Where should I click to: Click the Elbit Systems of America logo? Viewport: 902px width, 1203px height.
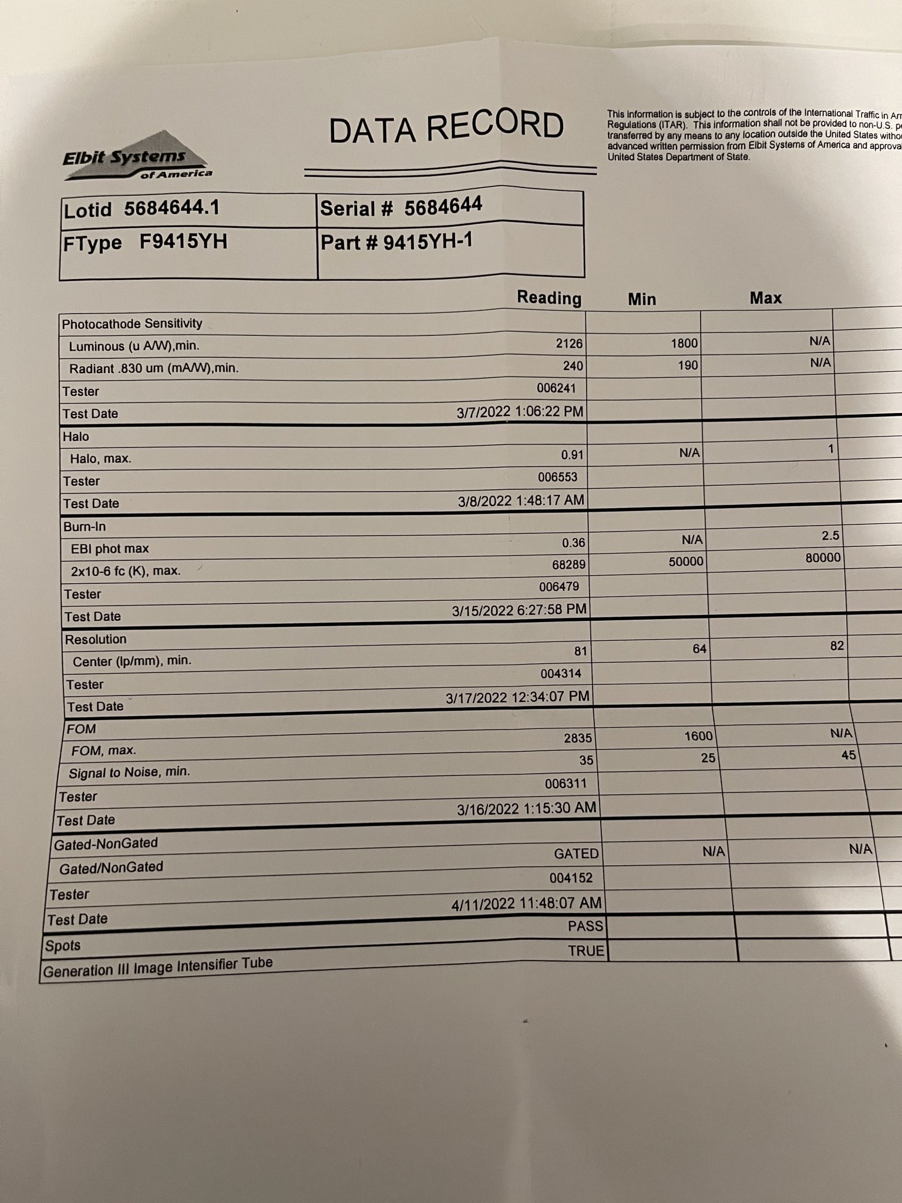(x=136, y=157)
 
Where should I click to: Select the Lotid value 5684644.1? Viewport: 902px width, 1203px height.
(x=171, y=208)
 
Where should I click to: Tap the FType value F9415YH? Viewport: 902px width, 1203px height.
(x=183, y=241)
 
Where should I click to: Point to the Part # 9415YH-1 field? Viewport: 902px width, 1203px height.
(x=396, y=241)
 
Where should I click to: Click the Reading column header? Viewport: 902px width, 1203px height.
(x=548, y=298)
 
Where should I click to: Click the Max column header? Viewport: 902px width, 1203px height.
(x=765, y=298)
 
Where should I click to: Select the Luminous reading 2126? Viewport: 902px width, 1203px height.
(x=568, y=344)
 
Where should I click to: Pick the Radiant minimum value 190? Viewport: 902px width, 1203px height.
(x=687, y=365)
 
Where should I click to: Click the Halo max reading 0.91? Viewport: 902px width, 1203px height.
(x=572, y=455)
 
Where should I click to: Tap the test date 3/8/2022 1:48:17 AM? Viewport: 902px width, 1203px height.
(x=521, y=500)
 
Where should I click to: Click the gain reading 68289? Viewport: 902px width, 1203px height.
(x=569, y=565)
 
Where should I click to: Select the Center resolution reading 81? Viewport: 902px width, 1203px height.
(x=580, y=651)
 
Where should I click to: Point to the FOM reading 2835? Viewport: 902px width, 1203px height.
(x=578, y=738)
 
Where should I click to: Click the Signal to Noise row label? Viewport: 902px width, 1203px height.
(x=129, y=772)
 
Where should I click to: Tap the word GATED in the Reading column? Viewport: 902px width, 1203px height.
(x=576, y=853)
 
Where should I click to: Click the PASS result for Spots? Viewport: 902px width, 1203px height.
(x=585, y=926)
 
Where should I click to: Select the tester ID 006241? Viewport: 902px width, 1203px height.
(x=556, y=388)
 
